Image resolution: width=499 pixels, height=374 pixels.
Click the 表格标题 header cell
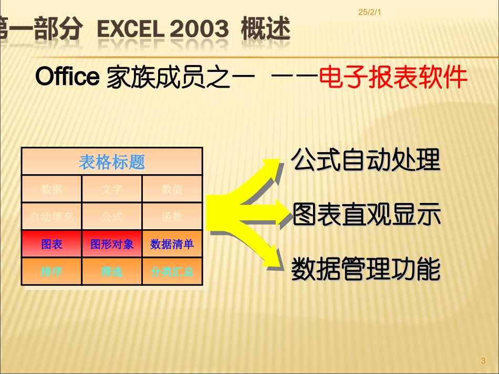coord(112,162)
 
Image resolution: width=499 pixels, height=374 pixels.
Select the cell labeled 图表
coord(51,244)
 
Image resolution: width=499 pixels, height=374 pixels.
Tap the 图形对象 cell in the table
coord(112,244)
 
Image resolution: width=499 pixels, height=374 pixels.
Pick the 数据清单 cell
coord(172,244)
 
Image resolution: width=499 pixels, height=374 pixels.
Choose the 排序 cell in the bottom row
coord(51,272)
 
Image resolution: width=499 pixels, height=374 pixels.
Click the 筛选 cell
coord(112,272)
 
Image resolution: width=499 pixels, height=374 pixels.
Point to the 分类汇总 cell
coord(172,272)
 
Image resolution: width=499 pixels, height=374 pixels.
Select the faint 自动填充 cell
coord(51,216)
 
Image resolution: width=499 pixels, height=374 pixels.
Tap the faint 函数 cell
coord(172,216)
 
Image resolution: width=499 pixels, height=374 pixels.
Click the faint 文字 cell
coord(112,189)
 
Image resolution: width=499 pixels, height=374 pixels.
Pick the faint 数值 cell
coord(172,189)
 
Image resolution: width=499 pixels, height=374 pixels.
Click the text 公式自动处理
coord(366,160)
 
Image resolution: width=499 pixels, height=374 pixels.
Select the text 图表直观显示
coord(366,215)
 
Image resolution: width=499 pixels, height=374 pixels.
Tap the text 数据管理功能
coord(366,269)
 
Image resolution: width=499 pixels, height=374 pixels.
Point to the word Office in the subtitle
coord(67,77)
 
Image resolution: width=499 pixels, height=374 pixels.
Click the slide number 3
coord(483,360)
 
